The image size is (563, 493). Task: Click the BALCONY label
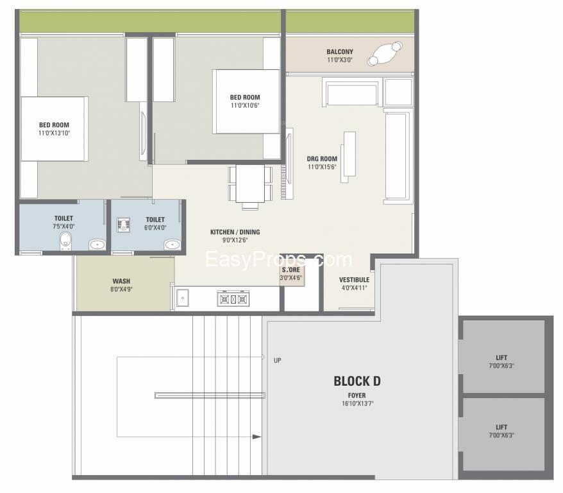point(340,52)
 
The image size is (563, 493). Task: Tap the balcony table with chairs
point(385,54)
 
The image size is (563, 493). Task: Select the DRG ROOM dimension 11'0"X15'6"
point(322,167)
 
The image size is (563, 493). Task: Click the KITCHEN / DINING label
point(235,232)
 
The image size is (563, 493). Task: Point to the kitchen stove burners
point(233,299)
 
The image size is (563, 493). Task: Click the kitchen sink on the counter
point(182,298)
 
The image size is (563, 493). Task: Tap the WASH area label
point(121,281)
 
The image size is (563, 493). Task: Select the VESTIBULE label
point(354,279)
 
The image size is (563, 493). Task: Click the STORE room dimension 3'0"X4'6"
point(291,277)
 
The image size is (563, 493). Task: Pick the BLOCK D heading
point(357,381)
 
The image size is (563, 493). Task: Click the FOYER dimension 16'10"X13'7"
point(357,404)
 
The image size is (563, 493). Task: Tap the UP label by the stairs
point(277,360)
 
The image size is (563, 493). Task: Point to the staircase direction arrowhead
point(256,437)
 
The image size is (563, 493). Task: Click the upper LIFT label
point(501,358)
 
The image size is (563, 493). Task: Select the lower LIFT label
point(501,428)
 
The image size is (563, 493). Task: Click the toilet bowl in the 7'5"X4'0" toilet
point(65,241)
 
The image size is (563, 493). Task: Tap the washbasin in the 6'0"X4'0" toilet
point(172,245)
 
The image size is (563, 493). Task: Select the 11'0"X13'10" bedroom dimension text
point(55,133)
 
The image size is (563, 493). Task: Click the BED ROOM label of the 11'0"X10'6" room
point(245,98)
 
